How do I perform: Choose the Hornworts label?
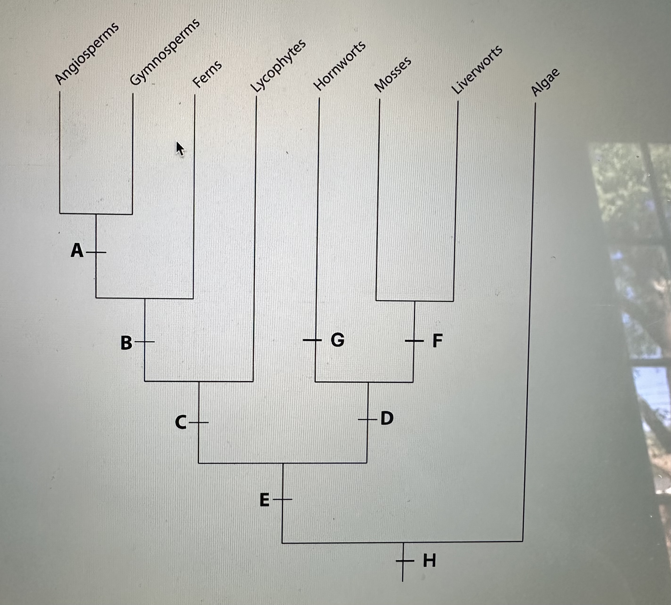(340, 66)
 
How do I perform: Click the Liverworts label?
(477, 70)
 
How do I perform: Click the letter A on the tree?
(77, 251)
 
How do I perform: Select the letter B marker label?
(126, 343)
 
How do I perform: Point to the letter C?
(181, 423)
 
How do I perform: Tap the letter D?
(387, 418)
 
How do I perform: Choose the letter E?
(264, 500)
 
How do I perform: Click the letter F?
(438, 340)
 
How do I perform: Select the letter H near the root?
(429, 560)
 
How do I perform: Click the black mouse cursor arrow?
(180, 148)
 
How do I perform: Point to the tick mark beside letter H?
(404, 561)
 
